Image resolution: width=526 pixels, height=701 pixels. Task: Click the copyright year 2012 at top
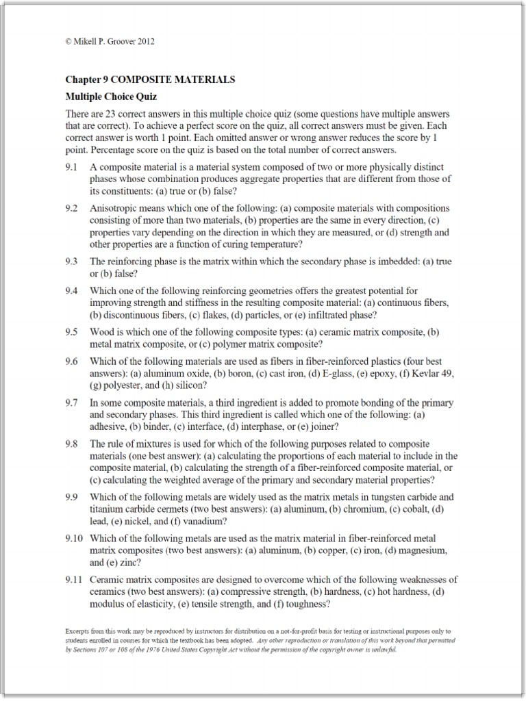click(x=146, y=41)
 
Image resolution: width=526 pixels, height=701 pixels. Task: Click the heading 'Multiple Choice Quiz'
click(x=111, y=97)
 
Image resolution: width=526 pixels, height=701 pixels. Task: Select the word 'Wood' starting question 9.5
click(x=102, y=332)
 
